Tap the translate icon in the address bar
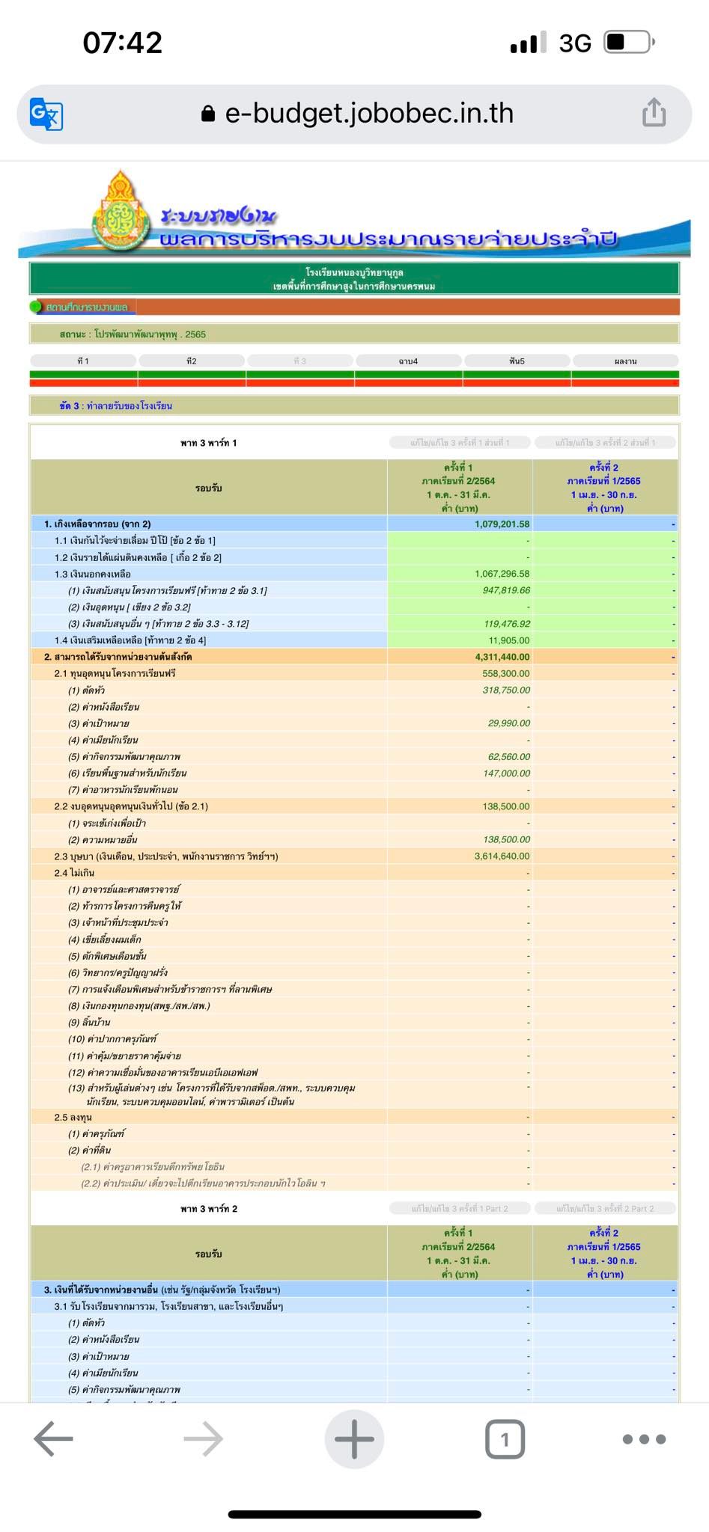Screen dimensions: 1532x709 (x=46, y=114)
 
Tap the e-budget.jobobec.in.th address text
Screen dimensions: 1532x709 (x=369, y=113)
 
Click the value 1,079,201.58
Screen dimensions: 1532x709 (x=502, y=524)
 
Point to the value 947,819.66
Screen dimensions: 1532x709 (x=506, y=590)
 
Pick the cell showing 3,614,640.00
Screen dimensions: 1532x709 (x=502, y=856)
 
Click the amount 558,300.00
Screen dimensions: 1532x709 (x=506, y=673)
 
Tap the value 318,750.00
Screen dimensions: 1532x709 (x=506, y=690)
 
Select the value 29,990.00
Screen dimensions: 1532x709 (x=509, y=723)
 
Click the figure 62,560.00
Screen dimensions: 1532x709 (x=509, y=756)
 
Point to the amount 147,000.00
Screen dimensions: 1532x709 (x=506, y=773)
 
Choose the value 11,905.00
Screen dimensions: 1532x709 (x=509, y=640)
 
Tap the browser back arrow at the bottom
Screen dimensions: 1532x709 (x=54, y=1438)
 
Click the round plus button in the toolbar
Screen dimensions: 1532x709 (x=354, y=1438)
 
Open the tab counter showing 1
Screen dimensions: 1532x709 (x=505, y=1438)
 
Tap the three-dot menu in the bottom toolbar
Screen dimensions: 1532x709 (x=644, y=1438)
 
